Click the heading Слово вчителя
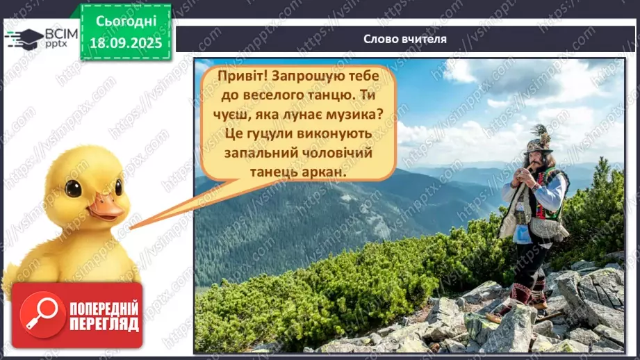point(405,39)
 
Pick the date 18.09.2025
point(126,43)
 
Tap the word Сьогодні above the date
point(126,20)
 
